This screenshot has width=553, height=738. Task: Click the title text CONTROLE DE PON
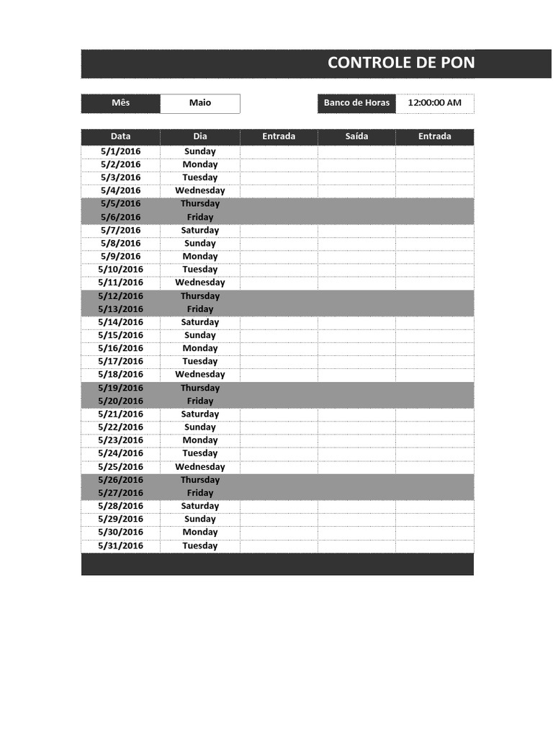[x=401, y=63]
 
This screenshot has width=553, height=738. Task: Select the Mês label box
[x=120, y=103]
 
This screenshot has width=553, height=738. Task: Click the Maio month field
[x=200, y=103]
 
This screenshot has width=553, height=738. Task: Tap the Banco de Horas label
[x=356, y=103]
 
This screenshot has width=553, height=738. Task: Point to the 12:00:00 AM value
[x=434, y=103]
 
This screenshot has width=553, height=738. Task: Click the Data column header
[x=120, y=136]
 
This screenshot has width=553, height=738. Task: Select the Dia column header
[x=200, y=136]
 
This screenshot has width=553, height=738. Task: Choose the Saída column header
[x=356, y=136]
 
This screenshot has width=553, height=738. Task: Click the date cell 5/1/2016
[x=121, y=151]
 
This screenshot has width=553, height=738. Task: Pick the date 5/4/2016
[x=121, y=191]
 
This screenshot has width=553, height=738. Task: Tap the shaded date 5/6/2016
[x=121, y=217]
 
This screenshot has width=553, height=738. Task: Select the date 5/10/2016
[x=121, y=270]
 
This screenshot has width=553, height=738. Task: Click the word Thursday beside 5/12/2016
[x=200, y=296]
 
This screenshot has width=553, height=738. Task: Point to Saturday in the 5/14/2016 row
[x=200, y=322]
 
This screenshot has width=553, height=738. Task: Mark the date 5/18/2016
[x=121, y=375]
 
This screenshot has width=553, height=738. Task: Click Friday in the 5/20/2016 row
[x=200, y=401]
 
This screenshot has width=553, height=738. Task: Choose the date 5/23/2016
[x=121, y=440]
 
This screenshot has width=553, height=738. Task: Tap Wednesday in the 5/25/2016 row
[x=200, y=467]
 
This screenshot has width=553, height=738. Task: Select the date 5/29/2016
[x=121, y=519]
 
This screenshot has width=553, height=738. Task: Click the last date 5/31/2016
[x=121, y=546]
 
